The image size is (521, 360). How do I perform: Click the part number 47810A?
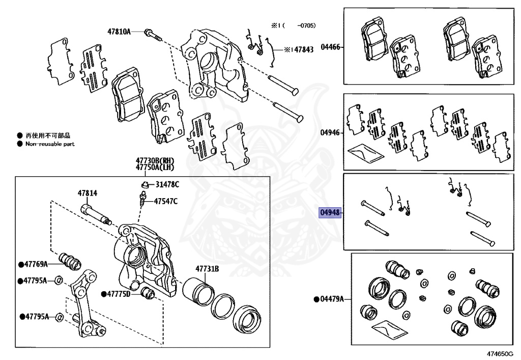[x=119, y=32]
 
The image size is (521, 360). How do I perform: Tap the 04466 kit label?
[x=330, y=47]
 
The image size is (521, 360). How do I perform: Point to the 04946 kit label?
[x=330, y=132]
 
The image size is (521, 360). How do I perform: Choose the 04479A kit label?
[x=332, y=299]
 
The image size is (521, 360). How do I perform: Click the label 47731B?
[x=207, y=268]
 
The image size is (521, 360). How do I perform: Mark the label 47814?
[x=88, y=193]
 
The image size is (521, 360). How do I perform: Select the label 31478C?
[x=167, y=184]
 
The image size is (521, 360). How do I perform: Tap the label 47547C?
[x=166, y=201]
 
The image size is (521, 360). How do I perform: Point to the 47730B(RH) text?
[x=155, y=160]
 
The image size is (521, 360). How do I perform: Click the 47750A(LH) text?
[x=155, y=167]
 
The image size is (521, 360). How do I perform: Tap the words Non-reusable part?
[x=50, y=144]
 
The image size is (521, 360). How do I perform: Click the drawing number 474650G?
[x=499, y=354]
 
